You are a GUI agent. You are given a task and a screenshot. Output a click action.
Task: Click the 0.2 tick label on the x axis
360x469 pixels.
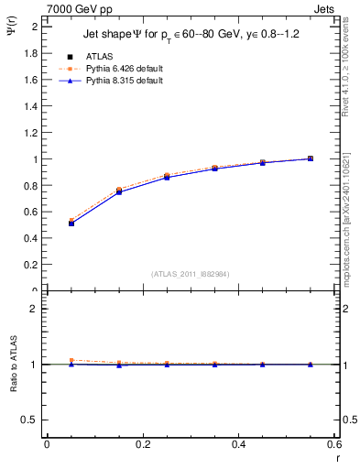tap(142, 445)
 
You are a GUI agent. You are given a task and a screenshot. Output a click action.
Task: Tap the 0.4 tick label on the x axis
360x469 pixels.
tap(238, 445)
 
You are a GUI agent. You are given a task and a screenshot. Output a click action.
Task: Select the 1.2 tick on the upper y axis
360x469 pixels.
tap(30, 133)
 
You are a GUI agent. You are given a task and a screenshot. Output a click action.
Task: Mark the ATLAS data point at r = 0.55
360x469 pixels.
tap(311, 158)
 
